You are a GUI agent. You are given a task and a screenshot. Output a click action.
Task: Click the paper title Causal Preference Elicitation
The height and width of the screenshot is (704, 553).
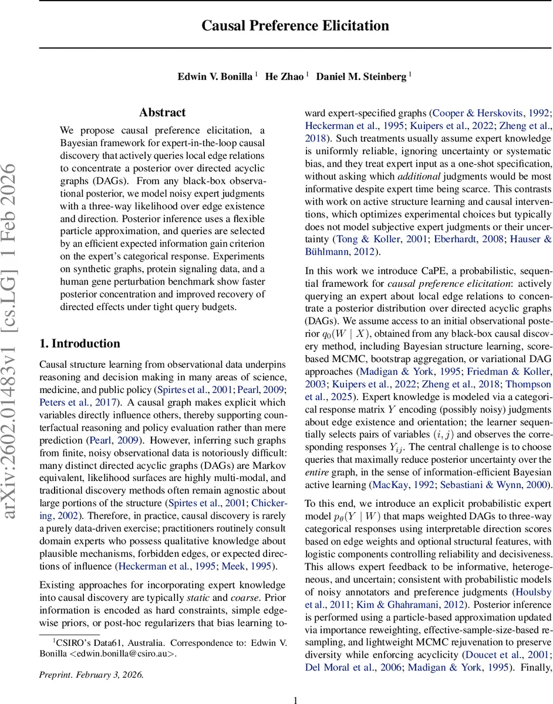pyautogui.click(x=295, y=26)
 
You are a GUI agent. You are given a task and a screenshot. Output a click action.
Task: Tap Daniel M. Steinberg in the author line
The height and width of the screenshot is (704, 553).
pyautogui.click(x=362, y=77)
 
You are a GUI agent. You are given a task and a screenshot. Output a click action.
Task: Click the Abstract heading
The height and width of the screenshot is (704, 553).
pyautogui.click(x=162, y=112)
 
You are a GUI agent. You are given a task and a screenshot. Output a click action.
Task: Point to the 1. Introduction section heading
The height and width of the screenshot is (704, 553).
pyautogui.click(x=79, y=343)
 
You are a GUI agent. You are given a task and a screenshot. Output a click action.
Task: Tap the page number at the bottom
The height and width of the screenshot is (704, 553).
pyautogui.click(x=295, y=699)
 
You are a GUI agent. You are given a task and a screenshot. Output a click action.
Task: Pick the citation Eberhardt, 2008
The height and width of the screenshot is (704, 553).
pyautogui.click(x=467, y=239)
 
